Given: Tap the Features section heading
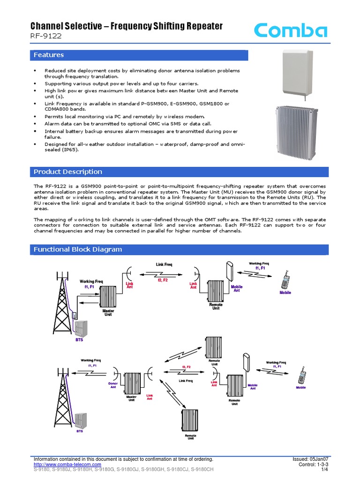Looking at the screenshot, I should pos(49,55).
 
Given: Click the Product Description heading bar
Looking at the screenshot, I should pos(68,172).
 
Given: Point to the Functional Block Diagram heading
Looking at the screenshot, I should pos(78,249).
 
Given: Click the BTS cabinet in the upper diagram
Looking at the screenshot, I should pos(82,330).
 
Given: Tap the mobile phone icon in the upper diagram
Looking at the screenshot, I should pos(285,281).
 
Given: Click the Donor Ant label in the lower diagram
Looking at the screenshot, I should pos(112,385).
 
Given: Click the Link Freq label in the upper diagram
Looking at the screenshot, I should pos(164,265).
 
